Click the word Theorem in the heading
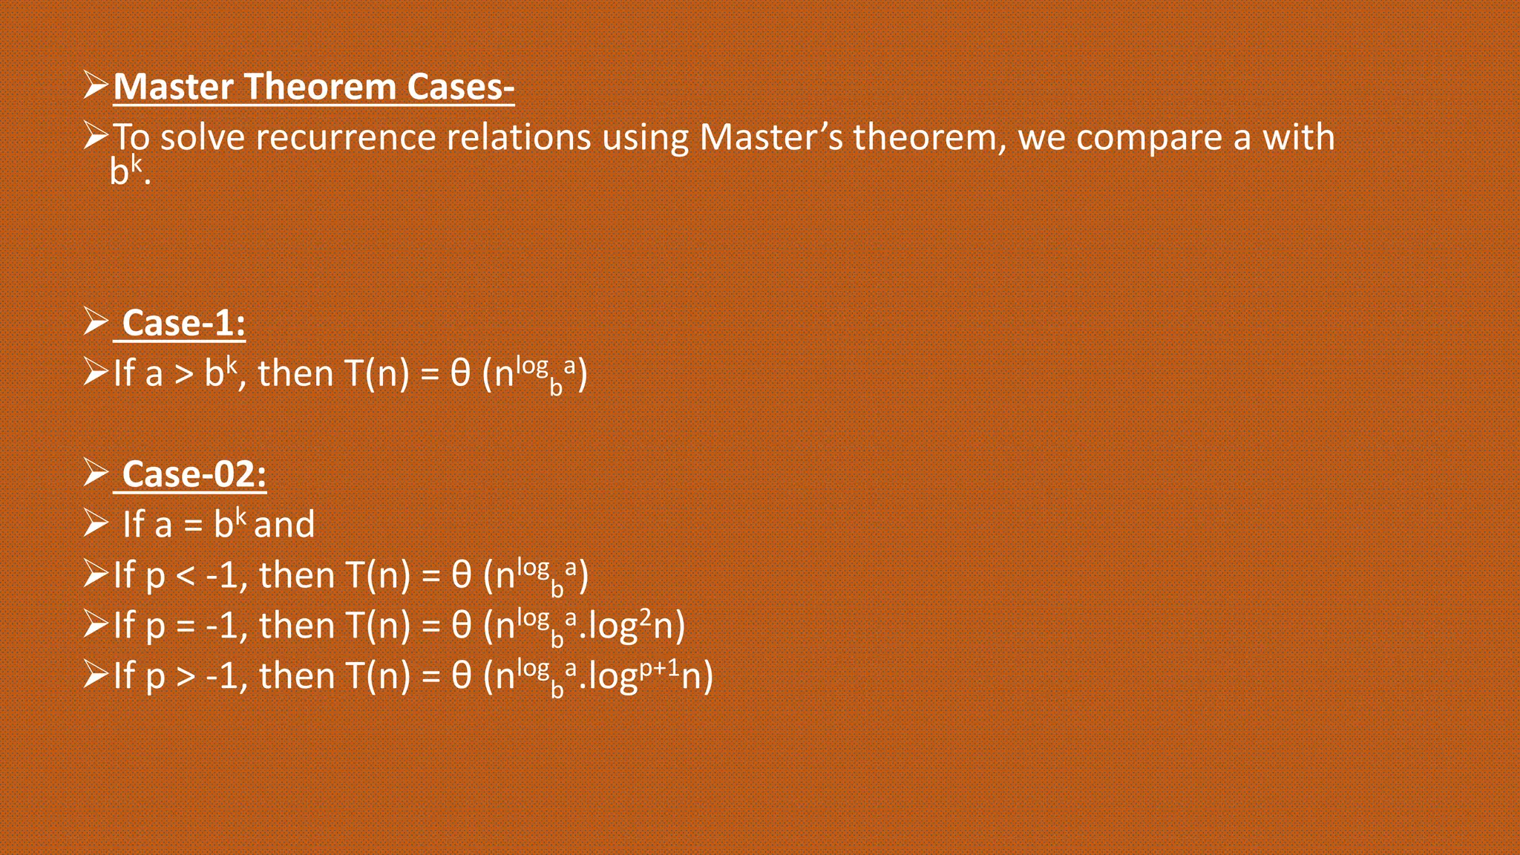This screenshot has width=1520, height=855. (x=321, y=87)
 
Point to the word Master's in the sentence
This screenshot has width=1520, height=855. (x=771, y=138)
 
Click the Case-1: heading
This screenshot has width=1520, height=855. (x=183, y=324)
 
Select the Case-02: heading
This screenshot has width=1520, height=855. (x=194, y=475)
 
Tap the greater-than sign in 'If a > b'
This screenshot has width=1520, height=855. (x=183, y=374)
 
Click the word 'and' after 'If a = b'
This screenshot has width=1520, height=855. (x=284, y=525)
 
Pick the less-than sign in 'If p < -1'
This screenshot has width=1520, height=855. (x=185, y=576)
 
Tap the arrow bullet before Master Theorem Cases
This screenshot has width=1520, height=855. (x=96, y=85)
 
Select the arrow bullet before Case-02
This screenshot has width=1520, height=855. (x=96, y=472)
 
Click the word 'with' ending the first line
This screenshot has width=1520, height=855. (x=1299, y=138)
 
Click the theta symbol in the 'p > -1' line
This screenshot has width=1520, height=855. (x=461, y=676)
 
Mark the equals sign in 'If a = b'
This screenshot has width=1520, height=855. (x=193, y=526)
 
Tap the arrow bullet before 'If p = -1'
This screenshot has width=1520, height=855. (x=96, y=624)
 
